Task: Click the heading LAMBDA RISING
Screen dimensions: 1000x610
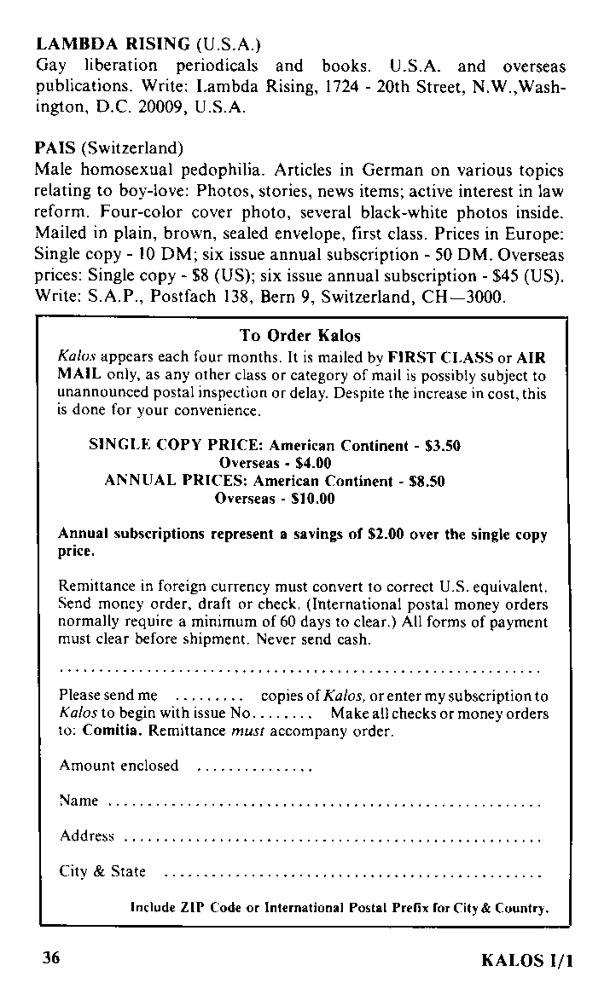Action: click(x=112, y=43)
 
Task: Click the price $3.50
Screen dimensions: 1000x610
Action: click(x=442, y=445)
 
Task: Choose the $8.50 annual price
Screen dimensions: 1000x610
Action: click(x=427, y=481)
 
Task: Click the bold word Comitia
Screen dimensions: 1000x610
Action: click(x=113, y=731)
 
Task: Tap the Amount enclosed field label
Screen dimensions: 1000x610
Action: click(x=119, y=766)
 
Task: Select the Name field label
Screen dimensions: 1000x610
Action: click(x=78, y=801)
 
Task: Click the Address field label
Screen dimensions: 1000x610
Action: click(x=87, y=835)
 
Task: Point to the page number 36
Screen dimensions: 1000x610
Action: click(x=51, y=957)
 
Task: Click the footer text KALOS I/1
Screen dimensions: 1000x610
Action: click(x=526, y=960)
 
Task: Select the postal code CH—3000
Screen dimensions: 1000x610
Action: click(x=473, y=298)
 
